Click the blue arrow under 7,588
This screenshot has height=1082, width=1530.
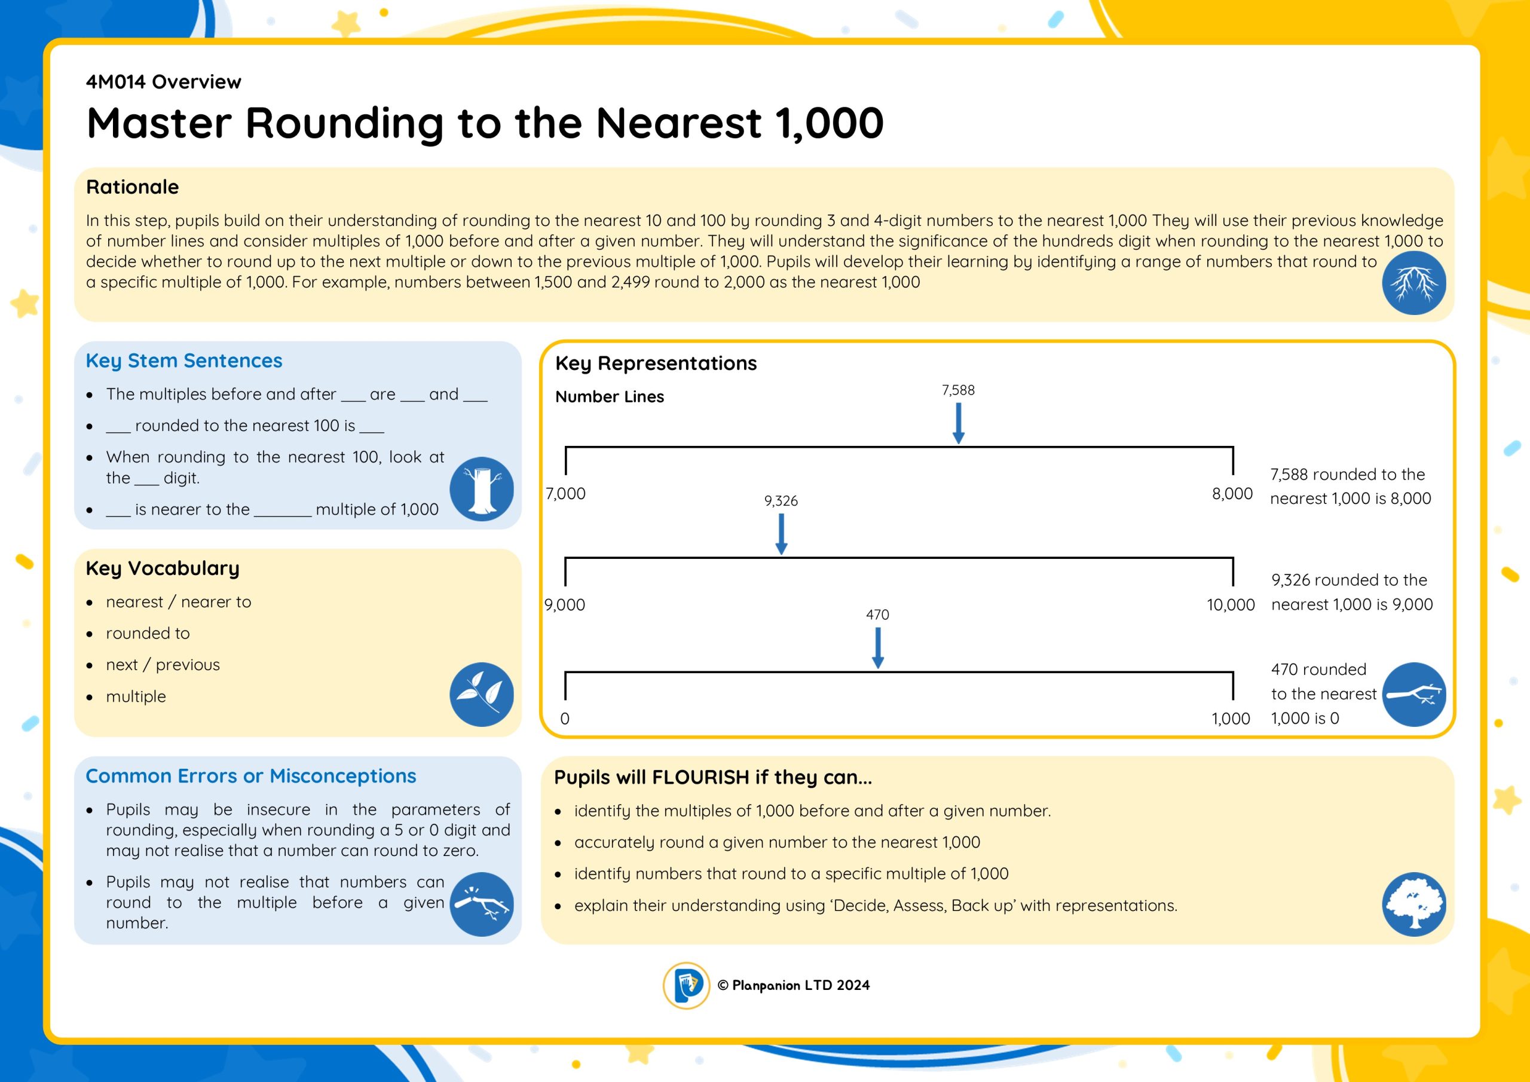tap(958, 423)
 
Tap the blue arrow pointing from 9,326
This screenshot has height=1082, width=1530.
tap(781, 534)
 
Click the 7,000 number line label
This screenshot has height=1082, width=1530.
tap(566, 494)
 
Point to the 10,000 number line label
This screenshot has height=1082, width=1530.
tap(1230, 606)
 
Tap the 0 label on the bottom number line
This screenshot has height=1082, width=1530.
tap(564, 719)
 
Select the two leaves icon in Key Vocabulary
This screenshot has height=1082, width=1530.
tap(481, 694)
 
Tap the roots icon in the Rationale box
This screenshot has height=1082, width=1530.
tap(1414, 283)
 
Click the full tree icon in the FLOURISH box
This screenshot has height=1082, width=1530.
tap(1414, 904)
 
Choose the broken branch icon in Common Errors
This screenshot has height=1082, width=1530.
tap(481, 904)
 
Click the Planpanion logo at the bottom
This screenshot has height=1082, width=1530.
tap(686, 985)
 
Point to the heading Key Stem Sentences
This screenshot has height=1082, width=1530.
tap(184, 360)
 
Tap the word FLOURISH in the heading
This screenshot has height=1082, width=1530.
tap(700, 777)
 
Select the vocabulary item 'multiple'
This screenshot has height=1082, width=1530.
tap(136, 696)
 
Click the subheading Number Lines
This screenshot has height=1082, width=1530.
tap(610, 397)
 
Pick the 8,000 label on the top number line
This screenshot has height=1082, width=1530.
tap(1232, 494)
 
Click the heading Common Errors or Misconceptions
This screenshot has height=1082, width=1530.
tap(250, 776)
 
